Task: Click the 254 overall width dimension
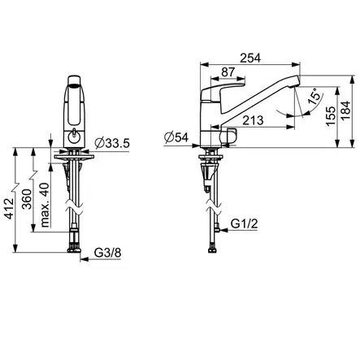click(250, 58)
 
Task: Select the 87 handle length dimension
click(228, 72)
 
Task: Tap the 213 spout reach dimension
click(253, 120)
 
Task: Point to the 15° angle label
click(315, 97)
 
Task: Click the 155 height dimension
click(331, 116)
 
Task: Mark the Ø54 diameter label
click(176, 137)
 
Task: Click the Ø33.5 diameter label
click(112, 143)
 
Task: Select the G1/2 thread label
click(244, 223)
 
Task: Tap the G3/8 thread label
click(107, 253)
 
